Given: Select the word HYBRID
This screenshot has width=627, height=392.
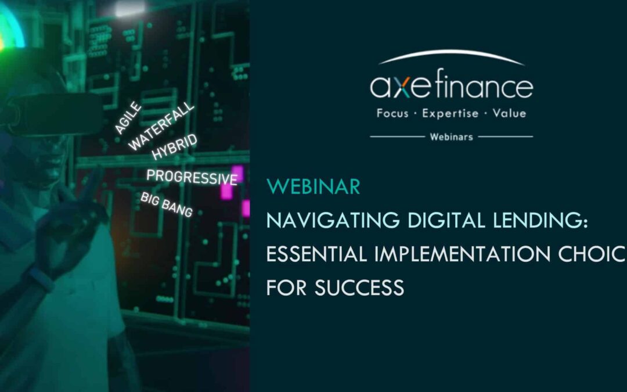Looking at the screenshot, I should click(x=175, y=146).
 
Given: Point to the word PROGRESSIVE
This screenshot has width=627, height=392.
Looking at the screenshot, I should click(x=192, y=177).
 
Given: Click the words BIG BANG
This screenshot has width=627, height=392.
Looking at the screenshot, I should click(x=167, y=204).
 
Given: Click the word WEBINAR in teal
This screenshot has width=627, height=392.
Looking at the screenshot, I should click(x=313, y=187).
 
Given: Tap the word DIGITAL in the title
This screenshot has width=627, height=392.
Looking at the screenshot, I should click(x=436, y=221).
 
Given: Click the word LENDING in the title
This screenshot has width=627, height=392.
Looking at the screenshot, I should click(x=541, y=221).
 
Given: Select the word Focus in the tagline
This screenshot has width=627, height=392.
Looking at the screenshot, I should click(x=392, y=113).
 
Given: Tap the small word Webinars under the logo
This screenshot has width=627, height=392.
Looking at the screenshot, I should click(x=451, y=137).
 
